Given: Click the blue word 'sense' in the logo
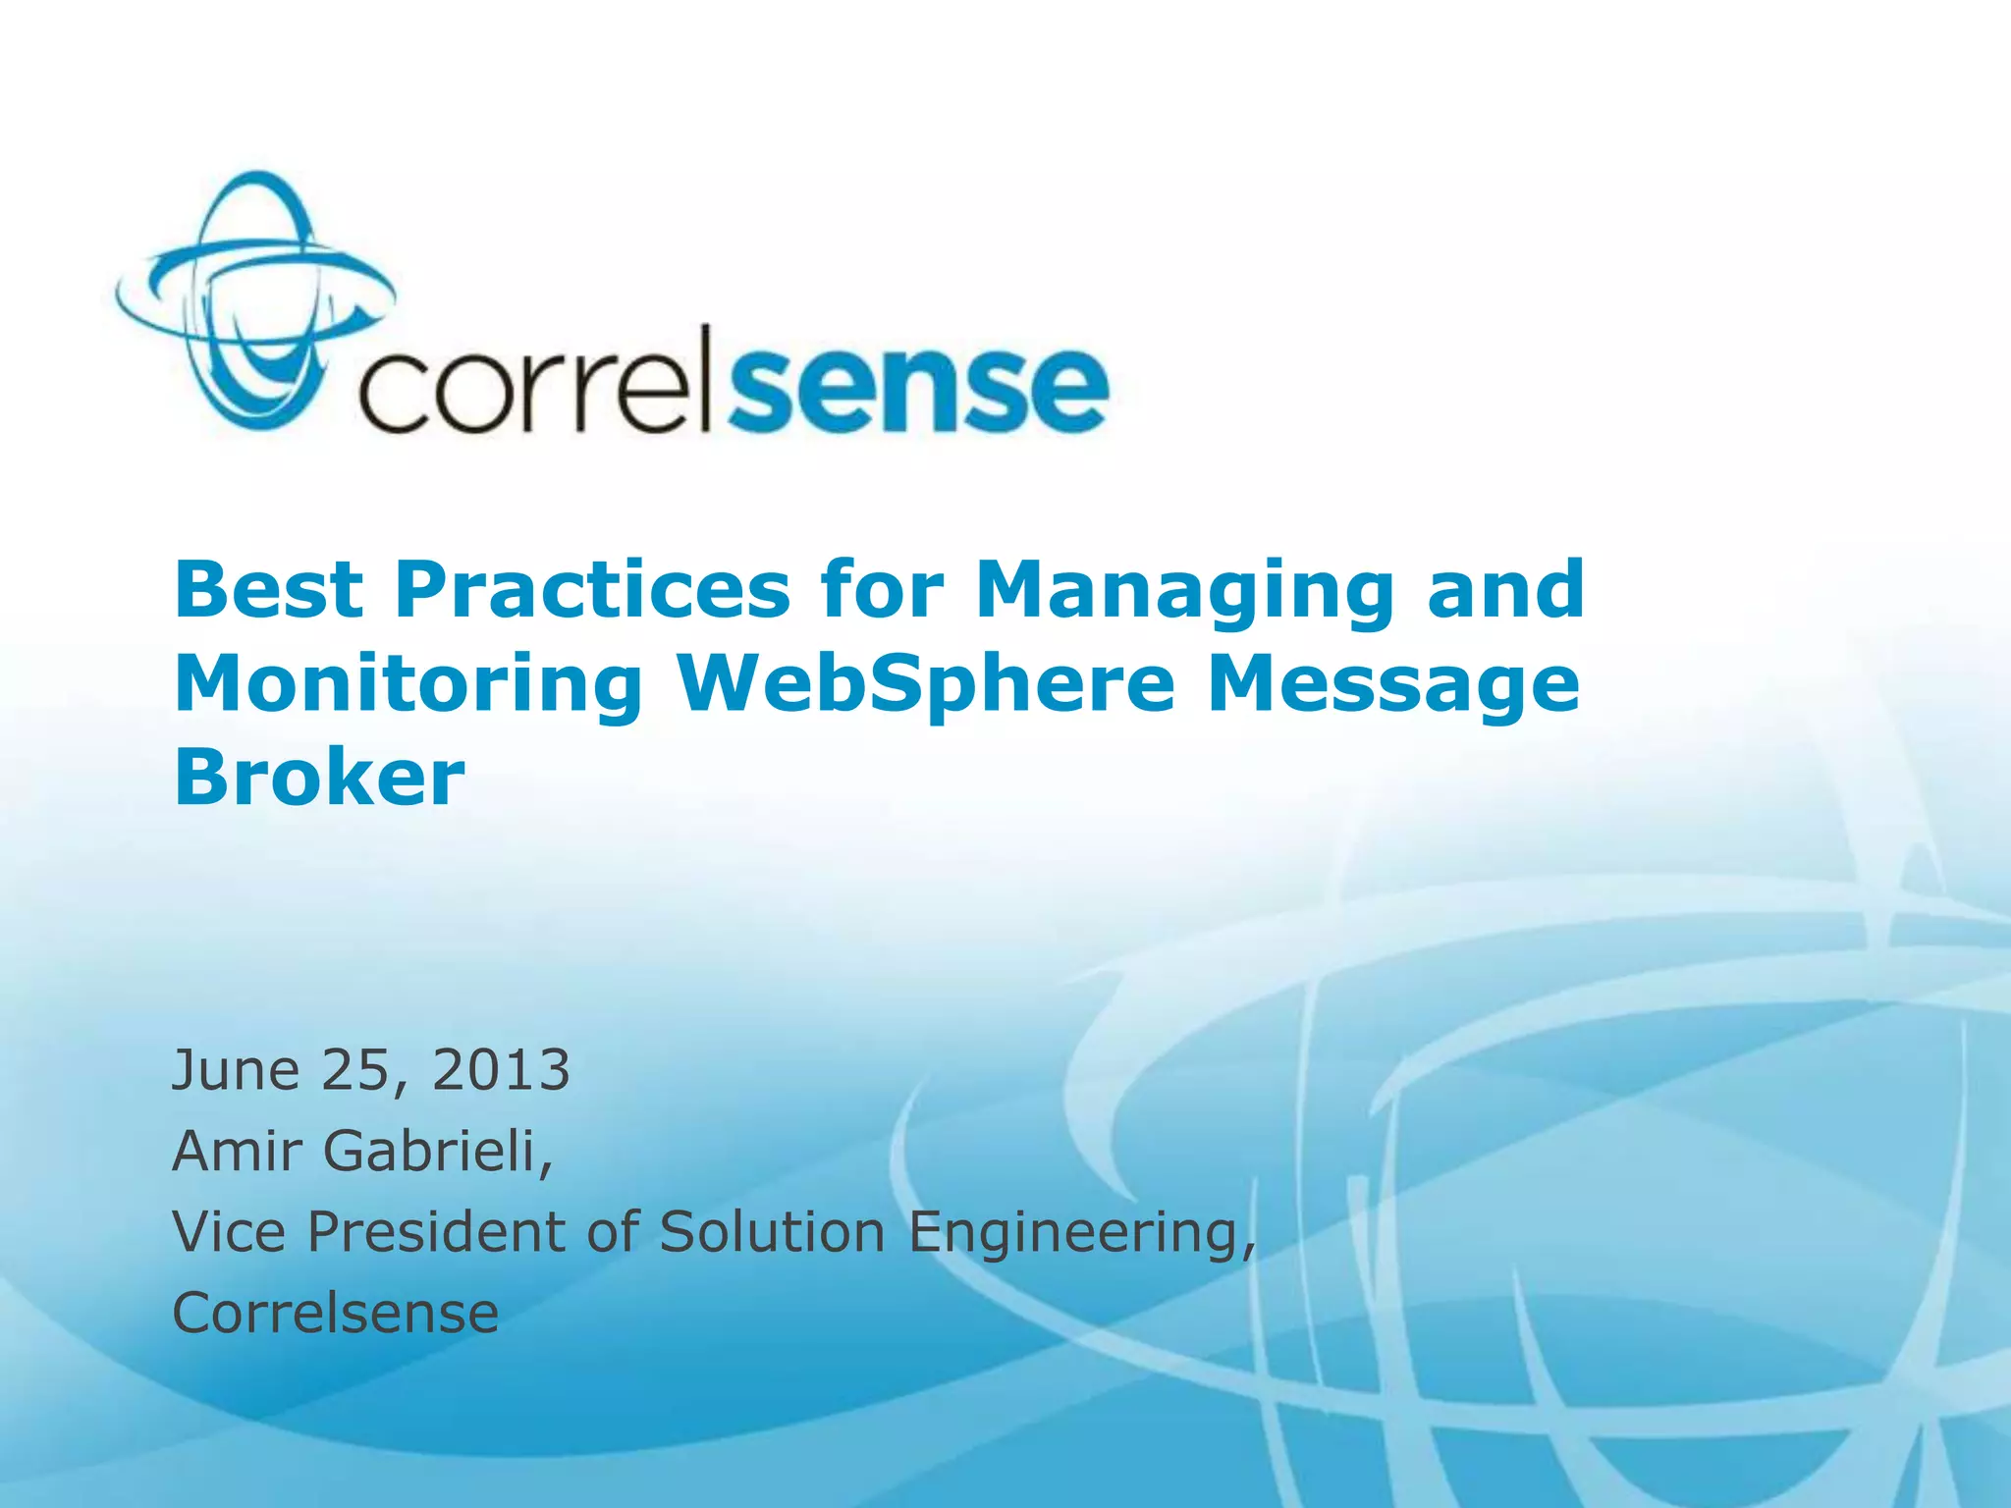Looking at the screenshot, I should tap(919, 388).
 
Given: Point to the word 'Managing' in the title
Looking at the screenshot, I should tap(1184, 591).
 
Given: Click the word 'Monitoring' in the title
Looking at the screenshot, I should tap(408, 684).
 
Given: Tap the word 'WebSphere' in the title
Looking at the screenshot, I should tap(925, 684).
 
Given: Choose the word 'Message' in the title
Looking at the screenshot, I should tap(1393, 684).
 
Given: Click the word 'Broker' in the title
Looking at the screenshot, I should tap(319, 777).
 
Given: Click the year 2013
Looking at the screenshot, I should tap(501, 1070).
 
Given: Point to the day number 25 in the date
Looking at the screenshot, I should tap(359, 1070).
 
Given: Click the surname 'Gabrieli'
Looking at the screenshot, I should tap(436, 1151).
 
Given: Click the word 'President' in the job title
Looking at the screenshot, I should tap(438, 1231).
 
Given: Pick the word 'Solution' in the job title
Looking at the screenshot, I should tap(772, 1231).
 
